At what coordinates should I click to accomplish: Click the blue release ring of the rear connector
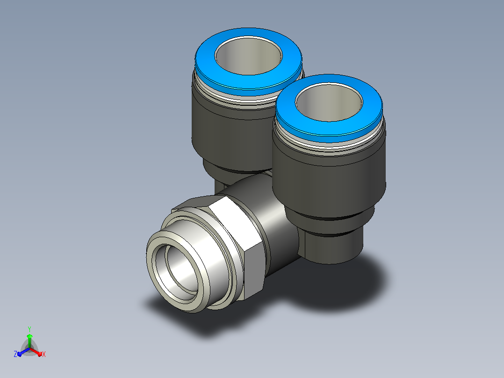coord(206,65)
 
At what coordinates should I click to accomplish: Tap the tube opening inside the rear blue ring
coord(248,56)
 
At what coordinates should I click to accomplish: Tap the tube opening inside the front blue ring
coord(329,102)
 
